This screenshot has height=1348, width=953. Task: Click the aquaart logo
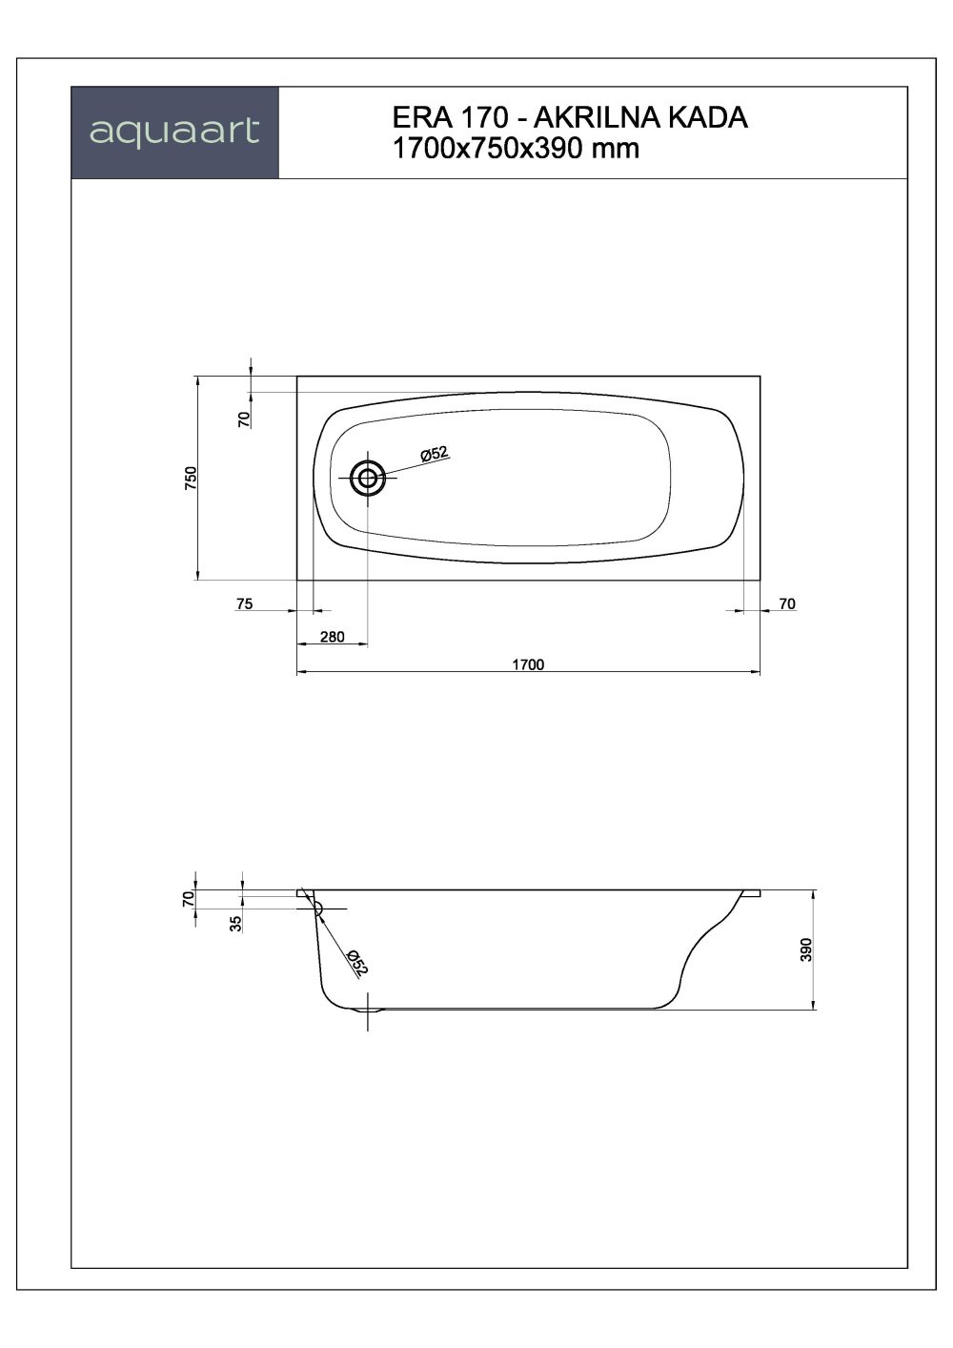click(x=174, y=132)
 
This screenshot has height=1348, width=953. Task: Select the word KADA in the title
click(x=709, y=118)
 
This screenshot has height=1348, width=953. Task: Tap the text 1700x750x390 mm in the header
click(x=515, y=148)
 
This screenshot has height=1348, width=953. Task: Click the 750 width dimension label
click(x=191, y=477)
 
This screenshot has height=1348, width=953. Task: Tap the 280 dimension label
click(x=332, y=637)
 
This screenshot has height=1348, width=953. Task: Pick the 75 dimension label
click(x=244, y=603)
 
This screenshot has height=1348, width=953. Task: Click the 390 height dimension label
click(x=805, y=950)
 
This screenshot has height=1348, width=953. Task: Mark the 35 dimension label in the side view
click(x=235, y=921)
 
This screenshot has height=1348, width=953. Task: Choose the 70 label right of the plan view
click(x=787, y=603)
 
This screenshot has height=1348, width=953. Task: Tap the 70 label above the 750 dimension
click(x=244, y=417)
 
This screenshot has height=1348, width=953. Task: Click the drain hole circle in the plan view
click(x=368, y=479)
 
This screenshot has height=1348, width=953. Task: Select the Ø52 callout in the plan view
click(x=434, y=455)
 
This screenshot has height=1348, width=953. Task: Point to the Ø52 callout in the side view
click(x=356, y=963)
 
